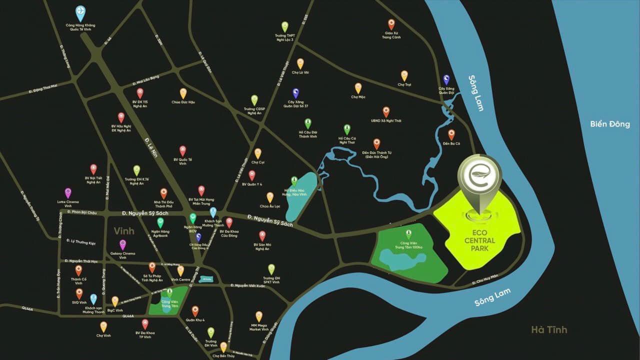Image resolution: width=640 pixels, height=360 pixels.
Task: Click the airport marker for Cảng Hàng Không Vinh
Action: (80, 11)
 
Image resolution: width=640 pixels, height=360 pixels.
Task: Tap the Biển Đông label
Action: (609, 124)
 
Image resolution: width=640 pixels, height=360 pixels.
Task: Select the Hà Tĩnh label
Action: (549, 329)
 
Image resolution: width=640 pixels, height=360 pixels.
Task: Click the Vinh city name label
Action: (124, 231)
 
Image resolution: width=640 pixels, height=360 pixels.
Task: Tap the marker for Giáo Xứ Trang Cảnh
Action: (391, 24)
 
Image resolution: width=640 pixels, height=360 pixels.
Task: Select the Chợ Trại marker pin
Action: (404, 75)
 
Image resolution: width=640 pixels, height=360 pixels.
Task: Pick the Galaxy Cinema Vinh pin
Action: (122, 244)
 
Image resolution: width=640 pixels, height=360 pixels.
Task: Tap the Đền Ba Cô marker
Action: (451, 134)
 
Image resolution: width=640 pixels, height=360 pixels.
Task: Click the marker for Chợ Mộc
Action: (358, 88)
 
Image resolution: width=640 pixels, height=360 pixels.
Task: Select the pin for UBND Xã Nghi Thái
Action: (386, 111)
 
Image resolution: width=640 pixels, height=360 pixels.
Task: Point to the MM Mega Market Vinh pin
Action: (259, 316)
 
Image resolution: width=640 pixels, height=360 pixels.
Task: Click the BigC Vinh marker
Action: (115, 301)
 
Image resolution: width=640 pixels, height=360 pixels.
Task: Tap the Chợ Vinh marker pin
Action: (103, 326)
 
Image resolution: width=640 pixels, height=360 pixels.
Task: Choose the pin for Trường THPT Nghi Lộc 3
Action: (284, 26)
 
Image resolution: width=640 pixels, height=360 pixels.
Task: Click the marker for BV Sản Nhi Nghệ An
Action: (262, 235)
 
